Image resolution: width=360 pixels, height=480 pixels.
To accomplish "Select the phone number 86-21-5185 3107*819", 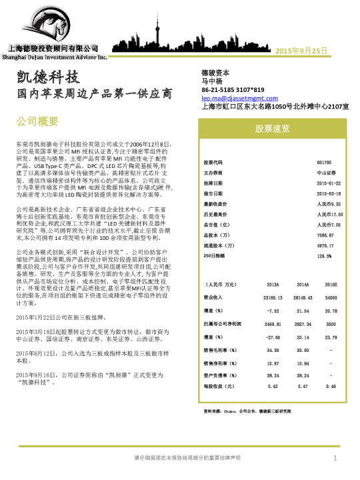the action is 233,89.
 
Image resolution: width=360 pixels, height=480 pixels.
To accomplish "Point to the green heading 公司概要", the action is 37,121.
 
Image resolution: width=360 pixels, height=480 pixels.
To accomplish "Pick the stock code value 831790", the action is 324,163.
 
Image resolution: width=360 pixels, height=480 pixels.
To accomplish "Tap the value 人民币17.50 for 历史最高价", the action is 329,214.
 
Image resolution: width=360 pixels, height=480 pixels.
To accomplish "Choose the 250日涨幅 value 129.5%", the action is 325,255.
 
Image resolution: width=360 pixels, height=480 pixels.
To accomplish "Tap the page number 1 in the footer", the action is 335,458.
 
